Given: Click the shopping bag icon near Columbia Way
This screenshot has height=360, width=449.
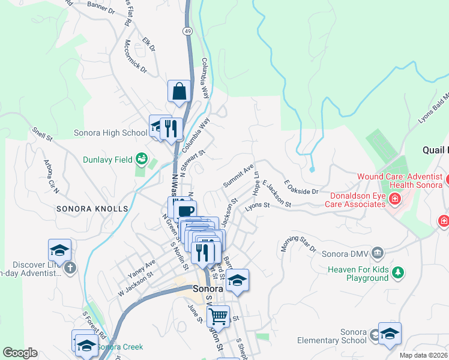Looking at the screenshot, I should [179, 92].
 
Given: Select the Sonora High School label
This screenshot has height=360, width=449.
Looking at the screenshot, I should [110, 133].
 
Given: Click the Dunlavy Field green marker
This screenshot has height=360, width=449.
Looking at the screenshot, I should [142, 159].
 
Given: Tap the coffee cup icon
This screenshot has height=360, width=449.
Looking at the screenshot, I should [186, 211].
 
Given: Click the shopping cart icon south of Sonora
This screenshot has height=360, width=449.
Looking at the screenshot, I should [218, 314].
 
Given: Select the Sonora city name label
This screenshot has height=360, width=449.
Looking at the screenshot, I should [208, 289].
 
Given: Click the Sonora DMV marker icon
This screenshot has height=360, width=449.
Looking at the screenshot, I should [377, 251].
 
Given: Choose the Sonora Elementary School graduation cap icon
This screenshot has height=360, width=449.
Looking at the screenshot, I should [390, 334].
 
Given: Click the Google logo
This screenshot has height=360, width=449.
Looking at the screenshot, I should [20, 353].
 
